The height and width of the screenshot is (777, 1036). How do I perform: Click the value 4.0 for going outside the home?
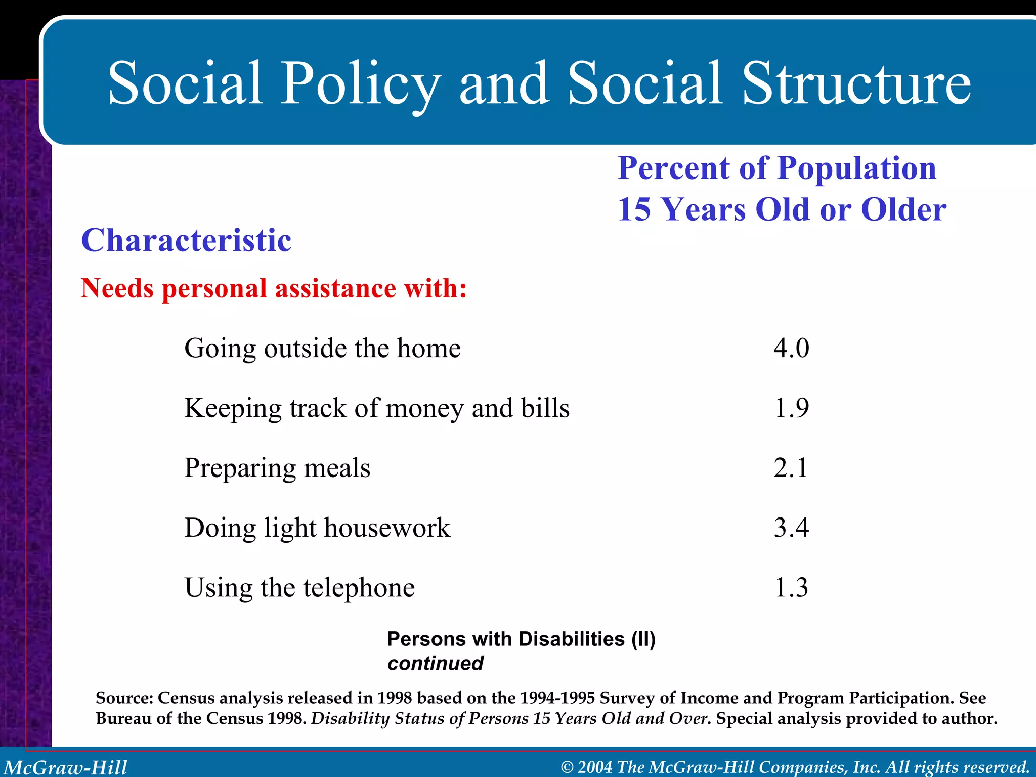pos(791,348)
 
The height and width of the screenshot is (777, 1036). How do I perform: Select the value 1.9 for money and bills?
pos(791,408)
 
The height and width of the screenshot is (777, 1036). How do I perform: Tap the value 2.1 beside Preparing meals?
pos(790,467)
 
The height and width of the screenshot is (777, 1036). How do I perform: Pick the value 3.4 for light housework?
pos(791,528)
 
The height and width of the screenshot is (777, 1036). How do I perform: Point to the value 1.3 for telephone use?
pos(791,587)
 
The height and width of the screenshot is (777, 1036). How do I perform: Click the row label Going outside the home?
pos(322,348)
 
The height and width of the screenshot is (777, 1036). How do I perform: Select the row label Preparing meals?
pos(277,468)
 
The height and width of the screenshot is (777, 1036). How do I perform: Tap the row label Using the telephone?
pos(299,588)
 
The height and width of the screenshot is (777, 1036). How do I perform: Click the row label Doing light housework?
pos(317,528)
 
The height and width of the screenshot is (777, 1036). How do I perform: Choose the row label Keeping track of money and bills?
pos(377,408)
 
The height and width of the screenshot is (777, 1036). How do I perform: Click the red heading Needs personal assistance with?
pos(274,288)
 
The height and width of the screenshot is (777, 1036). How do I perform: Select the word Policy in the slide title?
pos(360,83)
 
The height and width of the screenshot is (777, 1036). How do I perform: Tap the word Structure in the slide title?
pos(856,83)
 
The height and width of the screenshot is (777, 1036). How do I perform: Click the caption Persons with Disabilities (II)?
pos(521,639)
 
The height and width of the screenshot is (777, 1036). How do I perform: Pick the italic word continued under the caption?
pos(435,663)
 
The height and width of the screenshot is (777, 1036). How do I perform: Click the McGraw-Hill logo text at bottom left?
pos(66,767)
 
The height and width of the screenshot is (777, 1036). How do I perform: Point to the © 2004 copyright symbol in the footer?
pos(568,767)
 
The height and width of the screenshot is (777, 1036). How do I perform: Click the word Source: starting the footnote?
pos(124,698)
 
